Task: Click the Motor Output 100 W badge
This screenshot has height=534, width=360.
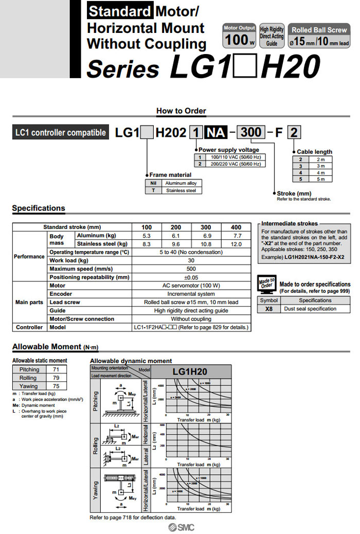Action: (240, 35)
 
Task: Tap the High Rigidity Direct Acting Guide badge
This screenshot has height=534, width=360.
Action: (272, 36)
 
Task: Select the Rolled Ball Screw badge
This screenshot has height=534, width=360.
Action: (319, 35)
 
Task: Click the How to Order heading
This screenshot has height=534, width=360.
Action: (181, 111)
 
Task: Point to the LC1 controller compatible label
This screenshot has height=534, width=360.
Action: (61, 133)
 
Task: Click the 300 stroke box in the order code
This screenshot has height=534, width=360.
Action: (251, 132)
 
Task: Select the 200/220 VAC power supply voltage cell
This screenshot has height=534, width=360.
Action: (235, 164)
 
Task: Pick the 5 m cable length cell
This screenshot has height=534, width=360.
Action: (321, 179)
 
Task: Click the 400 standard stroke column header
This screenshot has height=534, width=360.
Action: (236, 227)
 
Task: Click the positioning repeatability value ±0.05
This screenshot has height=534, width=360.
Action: (191, 277)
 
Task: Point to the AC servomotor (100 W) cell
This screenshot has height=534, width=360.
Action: (191, 286)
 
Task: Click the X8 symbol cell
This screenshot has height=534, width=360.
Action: (269, 309)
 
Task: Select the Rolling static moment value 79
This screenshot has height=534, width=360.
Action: (57, 378)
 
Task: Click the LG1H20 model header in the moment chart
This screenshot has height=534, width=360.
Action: (190, 372)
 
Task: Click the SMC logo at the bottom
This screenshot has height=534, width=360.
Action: (179, 527)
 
